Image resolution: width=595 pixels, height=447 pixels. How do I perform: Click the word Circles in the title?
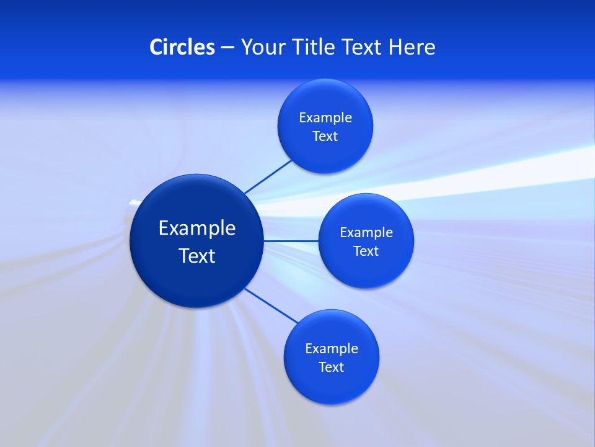tap(182, 47)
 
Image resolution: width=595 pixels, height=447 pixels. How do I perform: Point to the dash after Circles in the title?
tap(227, 48)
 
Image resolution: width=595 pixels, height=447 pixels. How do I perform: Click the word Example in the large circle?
tap(197, 228)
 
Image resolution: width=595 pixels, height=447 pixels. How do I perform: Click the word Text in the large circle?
tap(197, 256)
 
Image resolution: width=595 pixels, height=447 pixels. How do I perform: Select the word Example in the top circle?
tap(325, 118)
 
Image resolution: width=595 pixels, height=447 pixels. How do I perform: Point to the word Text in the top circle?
tap(325, 137)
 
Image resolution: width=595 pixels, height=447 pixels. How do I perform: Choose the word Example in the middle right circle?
tap(366, 233)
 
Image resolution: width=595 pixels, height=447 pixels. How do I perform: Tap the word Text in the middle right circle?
tap(366, 251)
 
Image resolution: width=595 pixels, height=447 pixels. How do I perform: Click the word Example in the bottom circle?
tap(332, 349)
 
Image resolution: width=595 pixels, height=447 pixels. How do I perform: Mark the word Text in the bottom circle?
tap(332, 368)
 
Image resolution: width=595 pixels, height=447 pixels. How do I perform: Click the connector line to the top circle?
tap(268, 176)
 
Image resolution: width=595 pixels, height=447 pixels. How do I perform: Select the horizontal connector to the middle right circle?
tap(291, 240)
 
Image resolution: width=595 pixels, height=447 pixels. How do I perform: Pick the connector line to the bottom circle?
tap(271, 305)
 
